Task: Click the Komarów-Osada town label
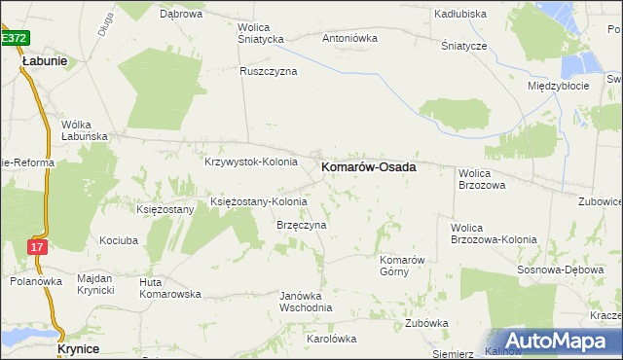[369, 167]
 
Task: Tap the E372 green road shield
[14, 37]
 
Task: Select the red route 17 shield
[36, 247]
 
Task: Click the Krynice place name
[80, 347]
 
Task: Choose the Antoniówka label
[349, 39]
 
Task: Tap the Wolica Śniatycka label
[260, 32]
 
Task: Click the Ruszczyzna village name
[269, 71]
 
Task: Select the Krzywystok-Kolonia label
[250, 162]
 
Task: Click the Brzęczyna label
[302, 225]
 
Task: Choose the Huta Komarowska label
[169, 287]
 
